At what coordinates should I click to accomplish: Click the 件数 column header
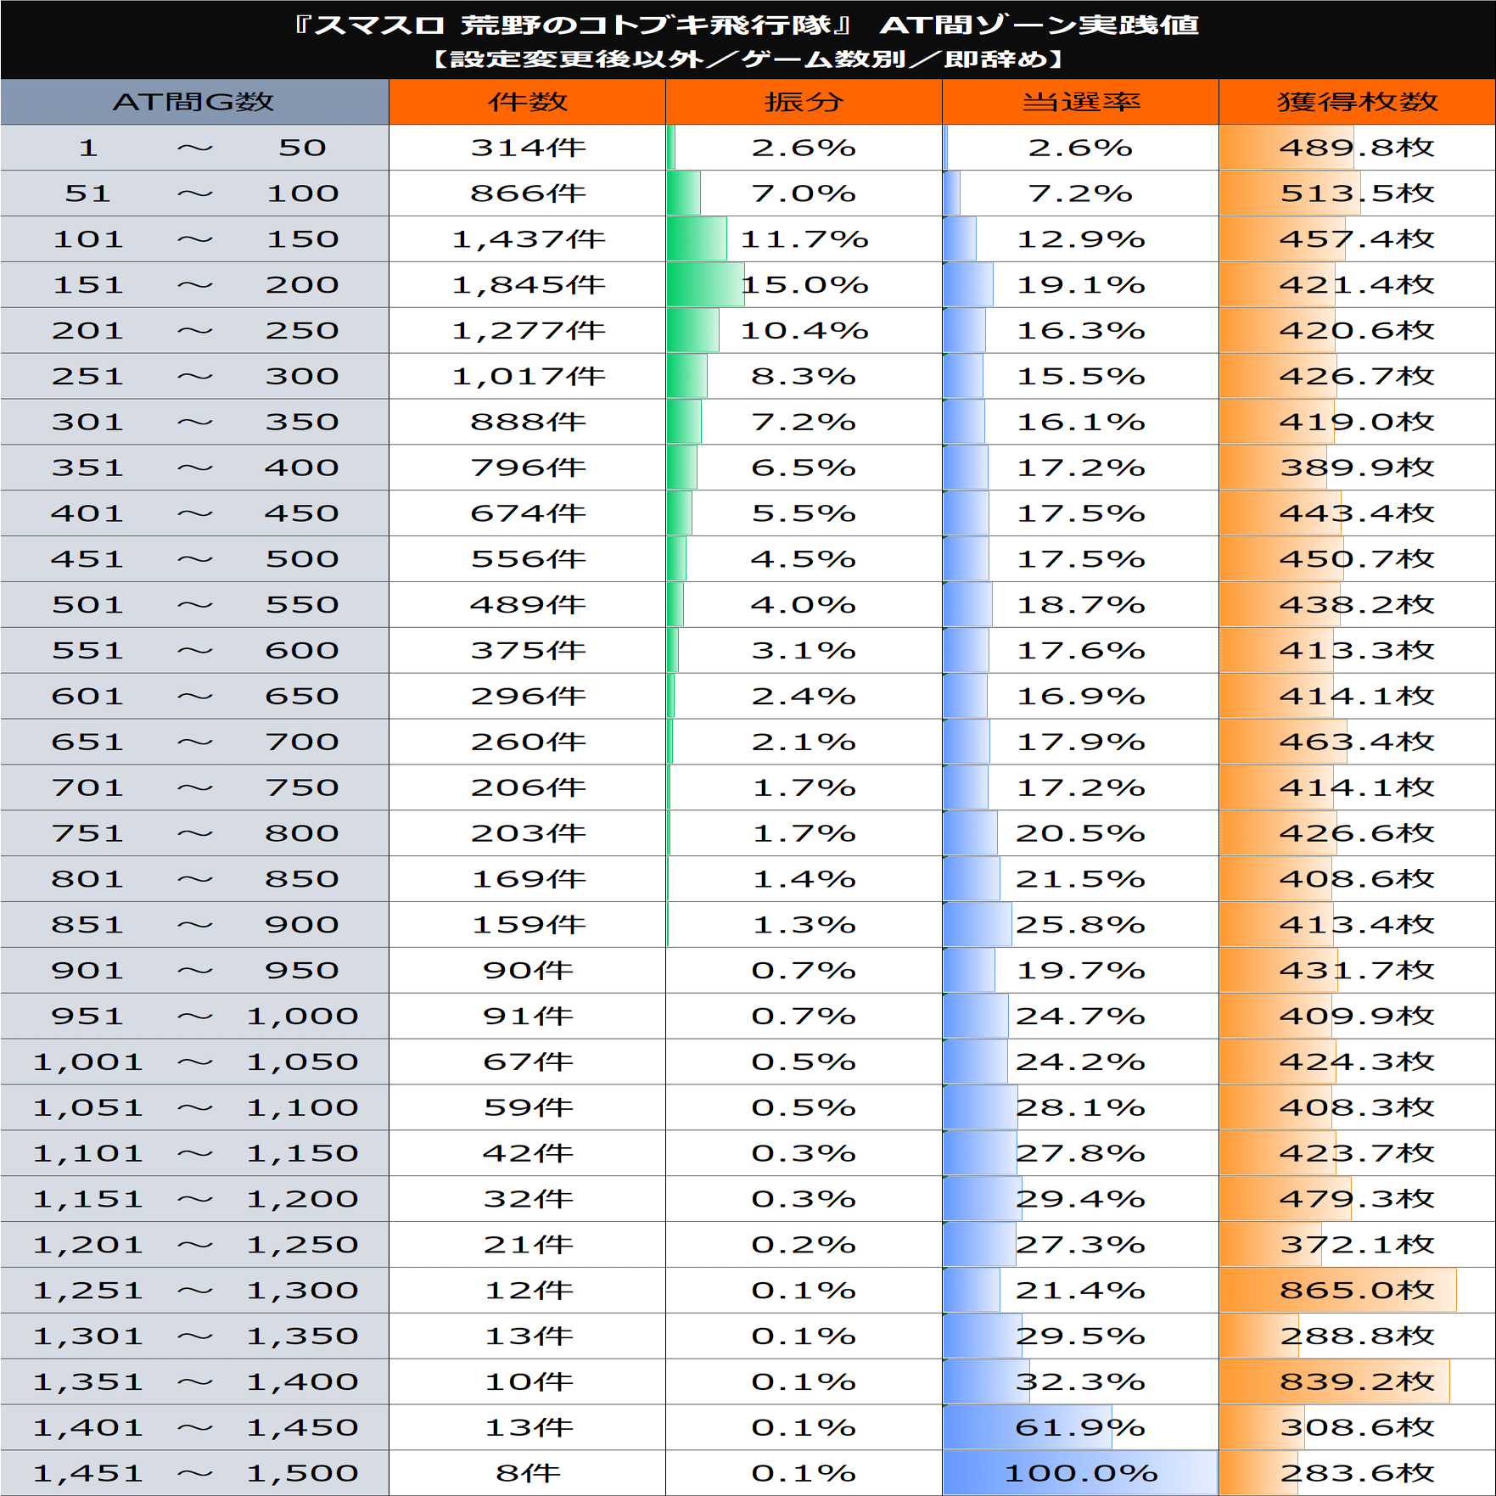pos(527,102)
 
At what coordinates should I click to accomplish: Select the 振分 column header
pos(804,102)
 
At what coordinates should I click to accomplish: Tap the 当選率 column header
pos(1080,102)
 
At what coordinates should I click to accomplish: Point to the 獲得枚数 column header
pos(1357,102)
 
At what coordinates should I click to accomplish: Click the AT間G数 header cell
pos(194,102)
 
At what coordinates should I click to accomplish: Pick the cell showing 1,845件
pos(527,285)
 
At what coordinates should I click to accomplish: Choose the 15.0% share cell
pos(804,285)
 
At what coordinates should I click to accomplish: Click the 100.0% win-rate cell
pos(1080,1473)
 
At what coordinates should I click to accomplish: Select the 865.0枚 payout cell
pos(1357,1291)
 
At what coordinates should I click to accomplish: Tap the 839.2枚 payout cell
pos(1357,1382)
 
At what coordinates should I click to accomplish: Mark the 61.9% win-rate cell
pos(1080,1428)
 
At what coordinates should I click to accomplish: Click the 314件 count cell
pos(527,148)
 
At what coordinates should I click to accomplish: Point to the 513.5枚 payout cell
pos(1357,193)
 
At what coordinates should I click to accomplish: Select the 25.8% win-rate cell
pos(1080,925)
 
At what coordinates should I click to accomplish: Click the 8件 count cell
pos(527,1473)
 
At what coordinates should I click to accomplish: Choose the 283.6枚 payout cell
pos(1357,1473)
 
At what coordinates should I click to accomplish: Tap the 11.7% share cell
pos(804,239)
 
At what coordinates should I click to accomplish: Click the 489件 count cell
pos(527,605)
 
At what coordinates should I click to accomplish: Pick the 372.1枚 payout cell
pos(1357,1245)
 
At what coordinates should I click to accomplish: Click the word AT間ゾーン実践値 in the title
pos(1039,25)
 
